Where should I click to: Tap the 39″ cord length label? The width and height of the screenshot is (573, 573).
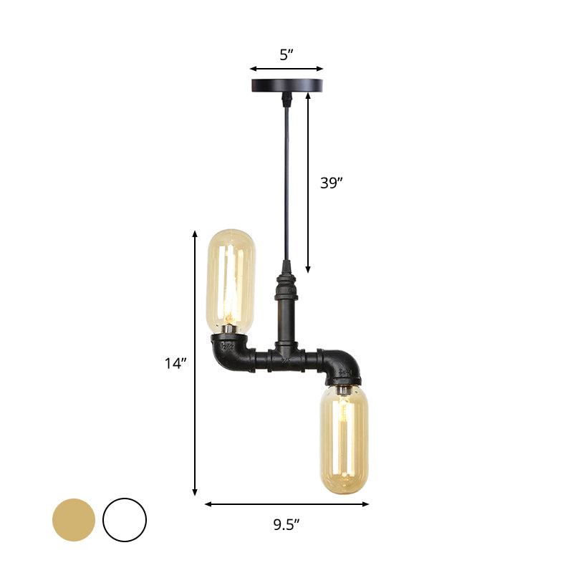click(332, 183)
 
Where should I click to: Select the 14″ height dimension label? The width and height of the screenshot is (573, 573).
click(175, 363)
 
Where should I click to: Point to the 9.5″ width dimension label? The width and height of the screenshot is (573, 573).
click(286, 524)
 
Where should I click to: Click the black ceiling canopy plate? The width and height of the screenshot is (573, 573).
click(286, 86)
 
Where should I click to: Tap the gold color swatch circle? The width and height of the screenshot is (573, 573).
click(74, 519)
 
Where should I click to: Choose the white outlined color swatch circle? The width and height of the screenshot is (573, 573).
click(125, 519)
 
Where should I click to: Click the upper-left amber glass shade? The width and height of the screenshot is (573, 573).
click(231, 279)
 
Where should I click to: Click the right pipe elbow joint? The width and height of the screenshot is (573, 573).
click(341, 365)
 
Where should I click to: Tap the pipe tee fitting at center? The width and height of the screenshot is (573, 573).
click(286, 356)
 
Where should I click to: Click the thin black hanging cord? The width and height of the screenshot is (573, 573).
click(286, 179)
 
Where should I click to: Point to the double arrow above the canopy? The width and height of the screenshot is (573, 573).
click(286, 69)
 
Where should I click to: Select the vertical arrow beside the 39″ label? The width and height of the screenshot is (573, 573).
click(309, 183)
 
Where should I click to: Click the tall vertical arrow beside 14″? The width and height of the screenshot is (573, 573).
click(195, 363)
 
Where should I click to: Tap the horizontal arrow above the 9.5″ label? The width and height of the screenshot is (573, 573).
click(286, 504)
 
